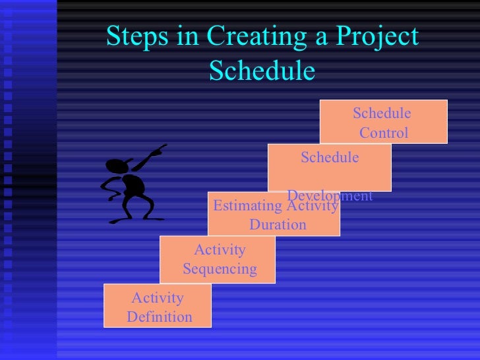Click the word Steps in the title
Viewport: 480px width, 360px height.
[x=138, y=38]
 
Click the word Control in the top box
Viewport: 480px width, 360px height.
[x=384, y=133]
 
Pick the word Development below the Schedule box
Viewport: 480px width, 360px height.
[x=330, y=196]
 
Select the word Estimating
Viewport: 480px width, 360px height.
[x=249, y=207]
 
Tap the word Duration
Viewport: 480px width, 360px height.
[x=278, y=225]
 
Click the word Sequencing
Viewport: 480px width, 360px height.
[x=220, y=269]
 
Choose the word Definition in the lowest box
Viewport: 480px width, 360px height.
[x=160, y=317]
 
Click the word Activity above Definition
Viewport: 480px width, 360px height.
[x=158, y=298]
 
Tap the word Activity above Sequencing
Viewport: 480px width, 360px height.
[x=220, y=250]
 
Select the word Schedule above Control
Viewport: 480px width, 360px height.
[x=382, y=113]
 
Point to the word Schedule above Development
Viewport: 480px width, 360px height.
[x=330, y=157]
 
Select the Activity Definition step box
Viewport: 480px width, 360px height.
[x=158, y=306]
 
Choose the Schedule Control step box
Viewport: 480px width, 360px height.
[x=383, y=121]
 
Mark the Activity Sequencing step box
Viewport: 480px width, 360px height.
[x=218, y=259]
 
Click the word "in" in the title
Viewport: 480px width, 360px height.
[x=187, y=38]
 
